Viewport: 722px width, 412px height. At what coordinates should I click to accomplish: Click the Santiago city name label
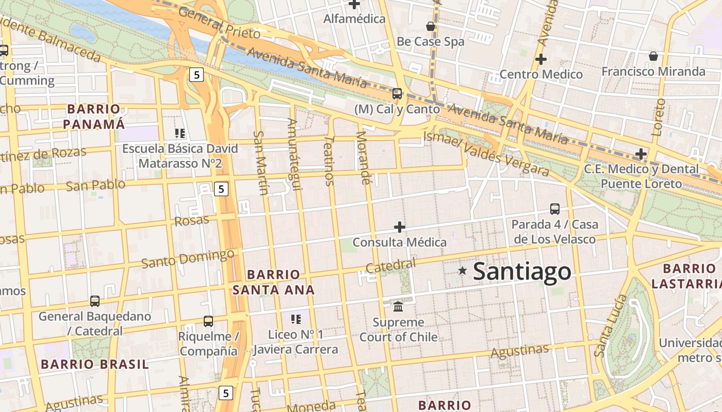tap(521, 271)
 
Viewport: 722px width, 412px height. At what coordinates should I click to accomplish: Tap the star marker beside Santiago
tap(463, 270)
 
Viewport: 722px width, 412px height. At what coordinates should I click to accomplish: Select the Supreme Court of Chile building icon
tap(398, 306)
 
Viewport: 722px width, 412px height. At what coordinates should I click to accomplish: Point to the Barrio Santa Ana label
tap(273, 282)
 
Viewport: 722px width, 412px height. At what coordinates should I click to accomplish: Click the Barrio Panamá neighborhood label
tap(94, 116)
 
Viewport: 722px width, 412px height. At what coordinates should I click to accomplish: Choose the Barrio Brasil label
tap(95, 364)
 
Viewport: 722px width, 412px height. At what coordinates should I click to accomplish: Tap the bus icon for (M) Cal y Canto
tap(397, 94)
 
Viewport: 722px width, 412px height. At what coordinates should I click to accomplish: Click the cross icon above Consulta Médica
tap(399, 227)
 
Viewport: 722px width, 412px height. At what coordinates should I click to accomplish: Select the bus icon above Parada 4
tap(555, 209)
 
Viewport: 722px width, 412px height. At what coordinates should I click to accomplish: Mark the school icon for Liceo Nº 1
tap(296, 319)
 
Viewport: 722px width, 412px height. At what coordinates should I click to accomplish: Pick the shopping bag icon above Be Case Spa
tap(431, 26)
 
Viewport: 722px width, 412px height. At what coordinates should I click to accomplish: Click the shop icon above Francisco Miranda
tap(653, 56)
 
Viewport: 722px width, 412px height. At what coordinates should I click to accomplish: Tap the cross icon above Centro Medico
tap(540, 59)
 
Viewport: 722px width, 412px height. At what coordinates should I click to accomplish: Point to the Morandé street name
tap(363, 158)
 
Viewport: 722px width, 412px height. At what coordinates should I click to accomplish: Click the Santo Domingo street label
tap(188, 258)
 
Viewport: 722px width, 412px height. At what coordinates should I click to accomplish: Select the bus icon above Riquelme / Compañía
tap(208, 321)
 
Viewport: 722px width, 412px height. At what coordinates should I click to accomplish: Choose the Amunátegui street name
tap(294, 154)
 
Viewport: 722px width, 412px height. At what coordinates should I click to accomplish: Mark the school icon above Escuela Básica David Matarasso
tap(180, 134)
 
